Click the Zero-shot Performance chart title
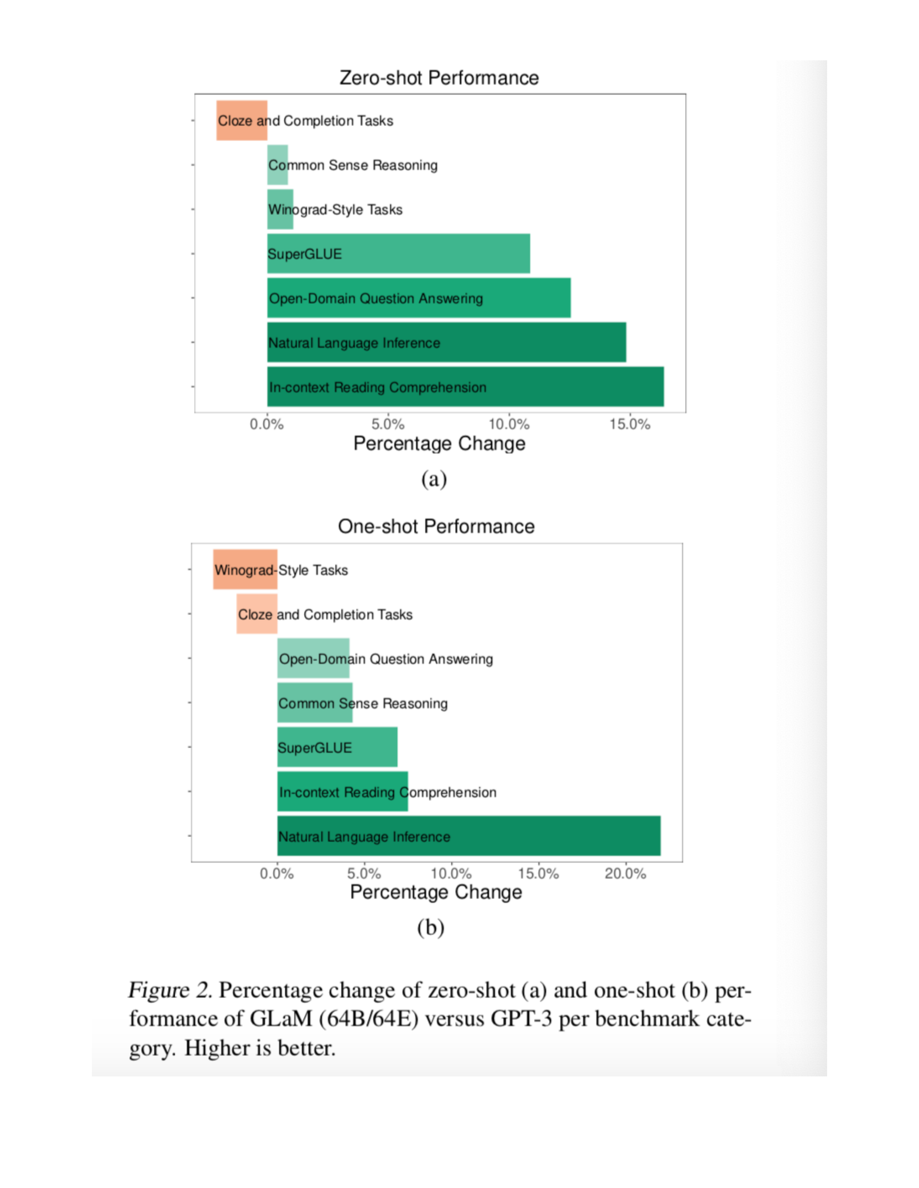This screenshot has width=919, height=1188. pos(439,78)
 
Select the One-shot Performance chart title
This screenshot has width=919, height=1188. pos(436,526)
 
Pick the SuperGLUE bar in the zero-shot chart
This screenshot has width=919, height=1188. pos(398,253)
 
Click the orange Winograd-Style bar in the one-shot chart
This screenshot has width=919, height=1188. pos(245,569)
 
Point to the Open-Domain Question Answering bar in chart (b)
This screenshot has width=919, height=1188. pos(313,658)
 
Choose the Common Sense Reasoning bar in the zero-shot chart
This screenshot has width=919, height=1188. pos(277,165)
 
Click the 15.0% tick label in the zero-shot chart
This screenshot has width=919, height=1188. pos(629,424)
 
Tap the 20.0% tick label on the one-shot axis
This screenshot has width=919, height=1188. pos(625,874)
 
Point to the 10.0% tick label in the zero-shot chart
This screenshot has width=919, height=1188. pos(508,424)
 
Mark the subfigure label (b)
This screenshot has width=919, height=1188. pos(431,927)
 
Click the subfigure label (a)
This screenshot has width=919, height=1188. pos(434,479)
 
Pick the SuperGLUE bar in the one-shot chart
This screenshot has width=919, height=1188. pos(337,747)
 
